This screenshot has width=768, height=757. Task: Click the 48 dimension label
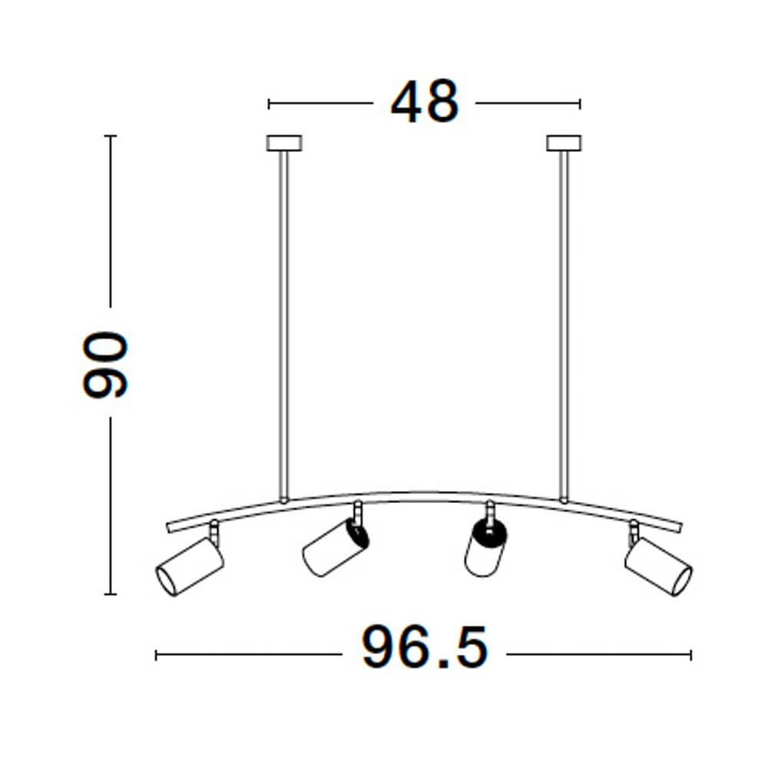pyautogui.click(x=425, y=101)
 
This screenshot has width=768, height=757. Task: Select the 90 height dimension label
pyautogui.click(x=104, y=365)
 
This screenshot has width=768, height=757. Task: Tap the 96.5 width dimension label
pyautogui.click(x=425, y=647)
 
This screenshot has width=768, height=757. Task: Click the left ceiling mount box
pyautogui.click(x=284, y=143)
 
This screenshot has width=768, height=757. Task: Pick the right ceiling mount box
pyautogui.click(x=564, y=143)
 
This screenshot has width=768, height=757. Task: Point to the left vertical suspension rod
pyautogui.click(x=283, y=325)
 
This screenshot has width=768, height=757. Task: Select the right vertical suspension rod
pyautogui.click(x=564, y=325)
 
